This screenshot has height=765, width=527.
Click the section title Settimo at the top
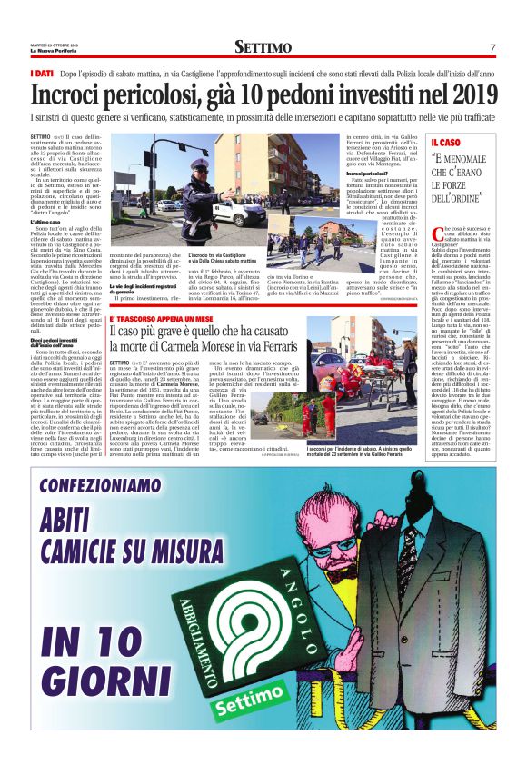click(x=263, y=47)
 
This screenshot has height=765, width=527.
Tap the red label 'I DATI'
click(x=41, y=72)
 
